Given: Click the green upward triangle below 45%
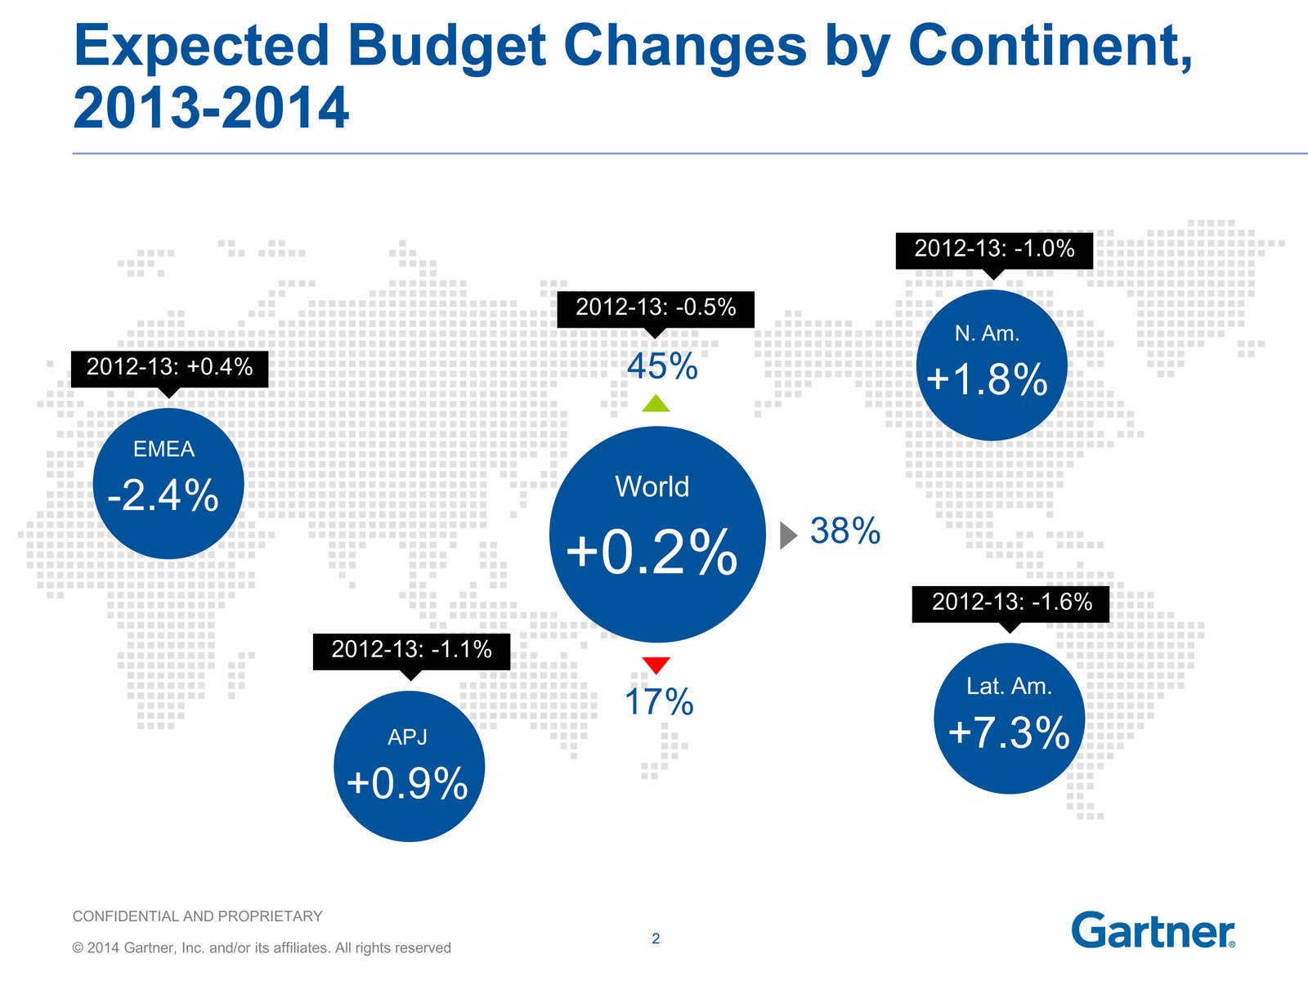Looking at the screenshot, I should click(656, 404).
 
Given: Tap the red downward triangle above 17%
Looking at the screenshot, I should click(656, 665).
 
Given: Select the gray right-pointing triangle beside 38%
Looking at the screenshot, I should click(787, 535).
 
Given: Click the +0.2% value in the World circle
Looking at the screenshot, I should click(652, 553).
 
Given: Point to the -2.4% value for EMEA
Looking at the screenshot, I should click(163, 495).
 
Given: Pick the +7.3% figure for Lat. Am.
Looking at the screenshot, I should click(1008, 732).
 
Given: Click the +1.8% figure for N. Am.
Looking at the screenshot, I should click(988, 379).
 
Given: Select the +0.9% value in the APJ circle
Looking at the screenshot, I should click(407, 783).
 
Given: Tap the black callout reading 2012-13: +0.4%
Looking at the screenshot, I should click(169, 367).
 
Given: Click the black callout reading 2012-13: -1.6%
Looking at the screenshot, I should click(1011, 603).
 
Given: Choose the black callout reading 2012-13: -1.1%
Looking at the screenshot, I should click(411, 651).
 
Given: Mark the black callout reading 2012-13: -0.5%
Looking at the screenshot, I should click(656, 308).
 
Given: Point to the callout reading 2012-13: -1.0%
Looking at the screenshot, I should click(994, 249).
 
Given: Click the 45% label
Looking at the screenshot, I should click(662, 366).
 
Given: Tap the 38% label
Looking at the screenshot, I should click(845, 531).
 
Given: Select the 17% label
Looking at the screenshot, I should click(659, 702).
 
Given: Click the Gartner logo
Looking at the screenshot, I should click(1153, 930).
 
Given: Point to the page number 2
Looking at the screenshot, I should click(656, 938).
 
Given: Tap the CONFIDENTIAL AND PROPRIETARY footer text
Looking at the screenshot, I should click(197, 916).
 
